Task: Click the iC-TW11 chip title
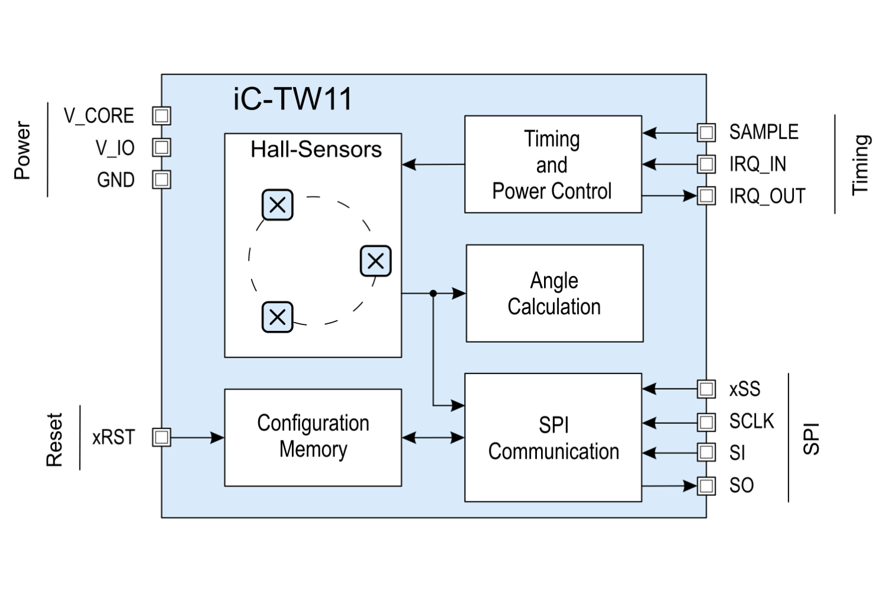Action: (x=293, y=99)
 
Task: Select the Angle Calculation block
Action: (x=554, y=293)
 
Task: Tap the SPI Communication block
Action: (x=553, y=437)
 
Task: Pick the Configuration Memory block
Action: (x=313, y=437)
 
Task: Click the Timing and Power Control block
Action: (x=552, y=164)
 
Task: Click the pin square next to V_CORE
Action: (x=162, y=115)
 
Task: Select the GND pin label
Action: (x=115, y=180)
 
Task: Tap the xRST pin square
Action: (x=162, y=437)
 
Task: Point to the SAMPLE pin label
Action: (x=764, y=132)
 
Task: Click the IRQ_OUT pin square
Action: (x=706, y=195)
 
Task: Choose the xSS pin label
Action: (x=745, y=389)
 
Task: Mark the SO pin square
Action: (x=706, y=486)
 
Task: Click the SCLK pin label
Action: (x=751, y=422)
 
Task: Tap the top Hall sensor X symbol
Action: (x=277, y=205)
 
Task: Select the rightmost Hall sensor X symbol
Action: (x=375, y=261)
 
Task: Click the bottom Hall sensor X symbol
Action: (x=277, y=317)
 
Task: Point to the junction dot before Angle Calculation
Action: (x=433, y=293)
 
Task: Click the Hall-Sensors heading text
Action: (x=316, y=149)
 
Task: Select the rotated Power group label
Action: (x=22, y=150)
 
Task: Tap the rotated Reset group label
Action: (x=54, y=439)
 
